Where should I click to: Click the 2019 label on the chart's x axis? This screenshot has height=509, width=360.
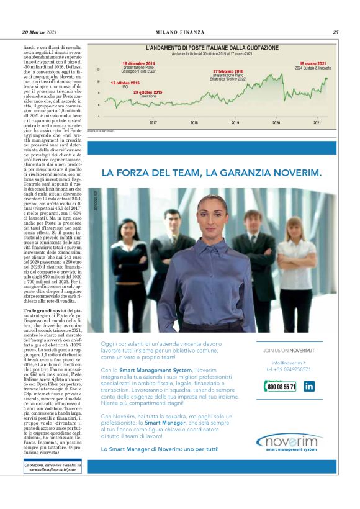click(235, 122)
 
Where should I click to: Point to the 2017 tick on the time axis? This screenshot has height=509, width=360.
click(153, 122)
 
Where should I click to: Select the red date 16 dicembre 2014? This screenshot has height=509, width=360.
click(138, 64)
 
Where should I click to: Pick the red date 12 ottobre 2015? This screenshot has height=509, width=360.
click(125, 83)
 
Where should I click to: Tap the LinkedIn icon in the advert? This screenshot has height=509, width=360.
click(309, 385)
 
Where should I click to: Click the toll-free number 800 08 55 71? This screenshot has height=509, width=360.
click(283, 386)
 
